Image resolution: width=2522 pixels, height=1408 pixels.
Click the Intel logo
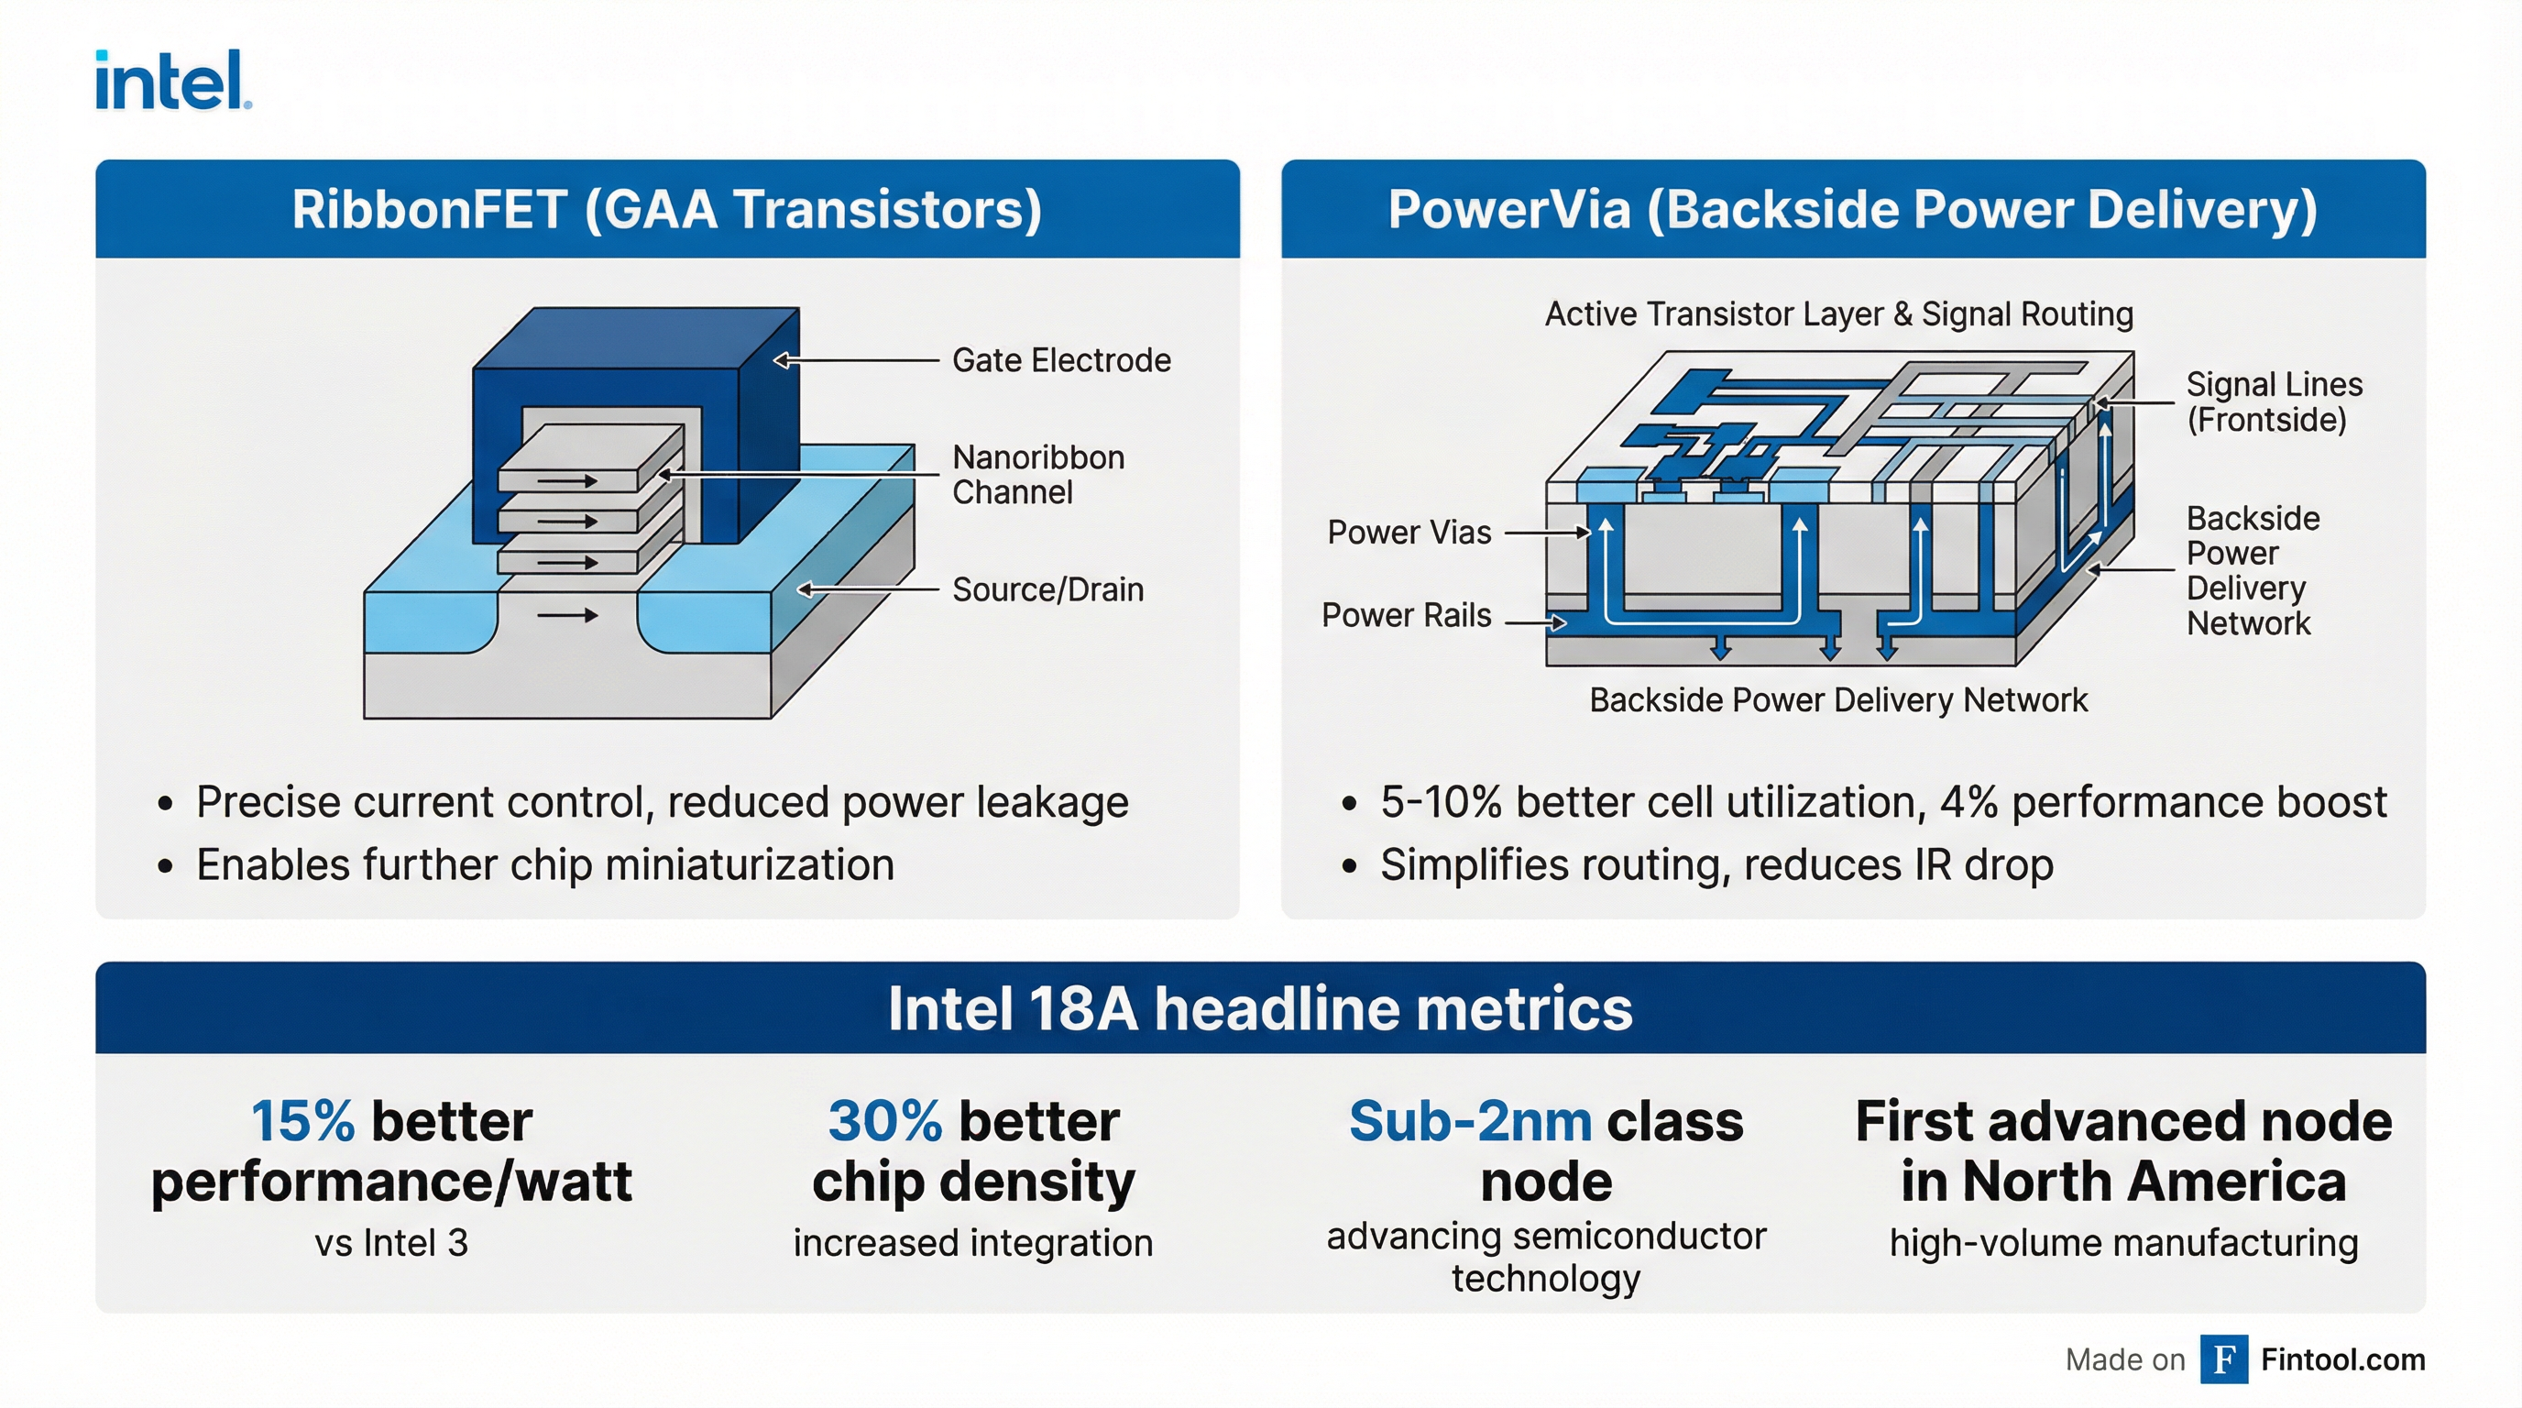[x=172, y=81]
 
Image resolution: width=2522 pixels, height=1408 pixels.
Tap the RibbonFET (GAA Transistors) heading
[x=667, y=210]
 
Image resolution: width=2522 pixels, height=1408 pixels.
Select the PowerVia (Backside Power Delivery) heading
[x=1852, y=210]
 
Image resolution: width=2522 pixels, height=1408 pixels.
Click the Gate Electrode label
[x=1061, y=360]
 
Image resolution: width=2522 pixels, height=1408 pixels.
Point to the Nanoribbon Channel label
[x=1037, y=475]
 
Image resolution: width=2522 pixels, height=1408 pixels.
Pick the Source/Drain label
[x=1047, y=589]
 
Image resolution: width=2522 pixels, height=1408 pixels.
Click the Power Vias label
[x=1409, y=533]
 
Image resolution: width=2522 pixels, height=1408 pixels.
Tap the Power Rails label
[x=1406, y=615]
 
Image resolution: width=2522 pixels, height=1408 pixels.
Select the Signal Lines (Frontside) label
[x=2274, y=401]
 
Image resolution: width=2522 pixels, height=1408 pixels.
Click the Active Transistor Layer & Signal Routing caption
[x=1838, y=314]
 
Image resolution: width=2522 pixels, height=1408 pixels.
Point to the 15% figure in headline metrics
[x=302, y=1121]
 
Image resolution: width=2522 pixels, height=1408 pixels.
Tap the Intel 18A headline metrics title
[x=1260, y=1008]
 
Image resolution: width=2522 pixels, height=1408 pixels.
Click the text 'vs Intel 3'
[x=391, y=1244]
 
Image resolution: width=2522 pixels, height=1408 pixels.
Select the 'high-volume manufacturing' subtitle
[x=2123, y=1244]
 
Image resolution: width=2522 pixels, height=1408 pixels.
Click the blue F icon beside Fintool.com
[x=2223, y=1359]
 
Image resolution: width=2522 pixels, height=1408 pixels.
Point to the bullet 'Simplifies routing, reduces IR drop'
[x=1716, y=865]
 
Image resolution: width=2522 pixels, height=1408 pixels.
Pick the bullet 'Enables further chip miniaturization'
[x=545, y=865]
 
